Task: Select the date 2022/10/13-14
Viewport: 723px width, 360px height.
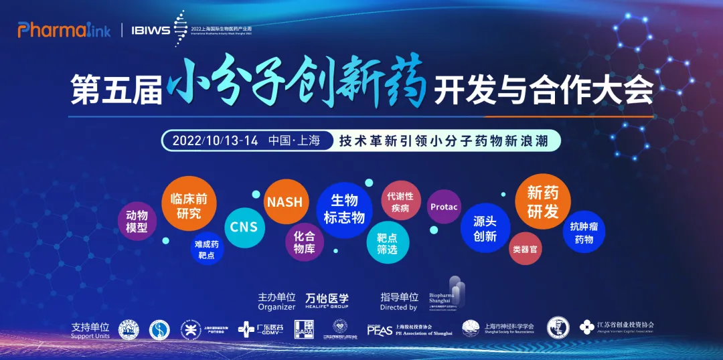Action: coord(214,141)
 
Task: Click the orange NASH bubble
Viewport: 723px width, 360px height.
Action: coord(285,201)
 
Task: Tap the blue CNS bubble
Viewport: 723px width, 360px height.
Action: coord(244,227)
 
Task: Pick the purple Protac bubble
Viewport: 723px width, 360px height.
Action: coord(444,207)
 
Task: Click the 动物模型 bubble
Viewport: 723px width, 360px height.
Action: coord(137,221)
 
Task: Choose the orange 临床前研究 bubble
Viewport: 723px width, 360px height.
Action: coord(189,206)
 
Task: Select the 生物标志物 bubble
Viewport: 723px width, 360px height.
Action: coord(344,209)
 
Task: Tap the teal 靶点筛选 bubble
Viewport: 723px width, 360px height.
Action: coord(387,243)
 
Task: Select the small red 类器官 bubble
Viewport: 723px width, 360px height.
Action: coord(524,249)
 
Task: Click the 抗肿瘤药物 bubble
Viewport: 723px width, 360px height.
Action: coord(584,232)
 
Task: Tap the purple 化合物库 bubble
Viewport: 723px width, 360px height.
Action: coord(305,242)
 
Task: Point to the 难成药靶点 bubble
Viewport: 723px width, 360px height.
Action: coord(206,249)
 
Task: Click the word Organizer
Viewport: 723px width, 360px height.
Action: coord(276,307)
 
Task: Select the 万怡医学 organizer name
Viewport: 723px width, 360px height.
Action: coord(327,298)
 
